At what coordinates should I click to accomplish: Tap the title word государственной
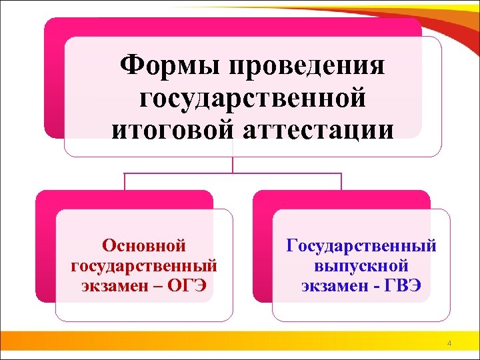(253, 99)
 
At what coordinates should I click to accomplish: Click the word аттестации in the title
(316, 129)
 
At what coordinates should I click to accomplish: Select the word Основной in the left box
(143, 246)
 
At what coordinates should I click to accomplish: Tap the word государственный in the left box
(143, 266)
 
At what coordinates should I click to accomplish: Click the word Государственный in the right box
(361, 246)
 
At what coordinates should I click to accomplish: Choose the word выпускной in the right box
(361, 266)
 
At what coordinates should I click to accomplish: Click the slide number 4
(449, 344)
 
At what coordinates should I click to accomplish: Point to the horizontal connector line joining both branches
(233, 174)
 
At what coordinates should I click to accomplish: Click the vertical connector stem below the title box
(233, 165)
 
